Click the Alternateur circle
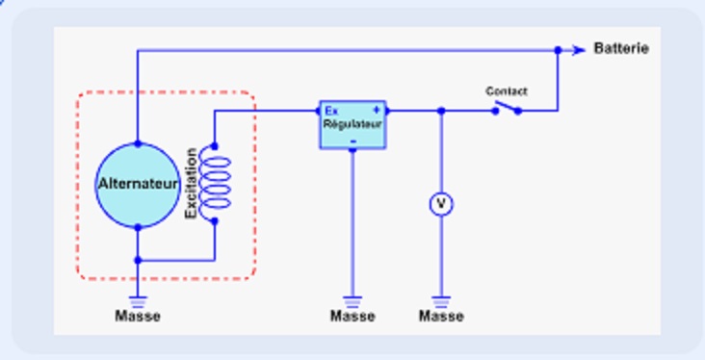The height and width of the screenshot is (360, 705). (138, 185)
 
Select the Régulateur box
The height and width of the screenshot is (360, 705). (352, 124)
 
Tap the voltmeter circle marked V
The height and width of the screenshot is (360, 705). (441, 204)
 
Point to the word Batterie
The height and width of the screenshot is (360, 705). (621, 49)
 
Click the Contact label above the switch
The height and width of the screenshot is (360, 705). (506, 91)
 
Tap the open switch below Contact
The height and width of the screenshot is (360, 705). (508, 109)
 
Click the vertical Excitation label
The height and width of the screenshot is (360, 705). (191, 182)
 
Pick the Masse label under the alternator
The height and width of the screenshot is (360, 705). (138, 316)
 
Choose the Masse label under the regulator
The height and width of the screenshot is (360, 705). (352, 316)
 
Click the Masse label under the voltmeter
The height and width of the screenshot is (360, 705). (442, 316)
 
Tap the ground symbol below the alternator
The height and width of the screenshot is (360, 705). (138, 299)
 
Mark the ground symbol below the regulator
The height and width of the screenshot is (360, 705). (352, 299)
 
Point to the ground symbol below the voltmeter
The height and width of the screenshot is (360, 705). (442, 299)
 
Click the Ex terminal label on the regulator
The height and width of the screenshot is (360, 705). (330, 110)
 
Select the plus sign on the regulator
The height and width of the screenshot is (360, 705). (376, 110)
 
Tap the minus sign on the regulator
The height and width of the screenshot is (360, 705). (352, 141)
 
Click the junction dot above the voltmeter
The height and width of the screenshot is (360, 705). (441, 111)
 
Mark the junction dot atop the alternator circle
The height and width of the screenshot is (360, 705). (138, 143)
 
